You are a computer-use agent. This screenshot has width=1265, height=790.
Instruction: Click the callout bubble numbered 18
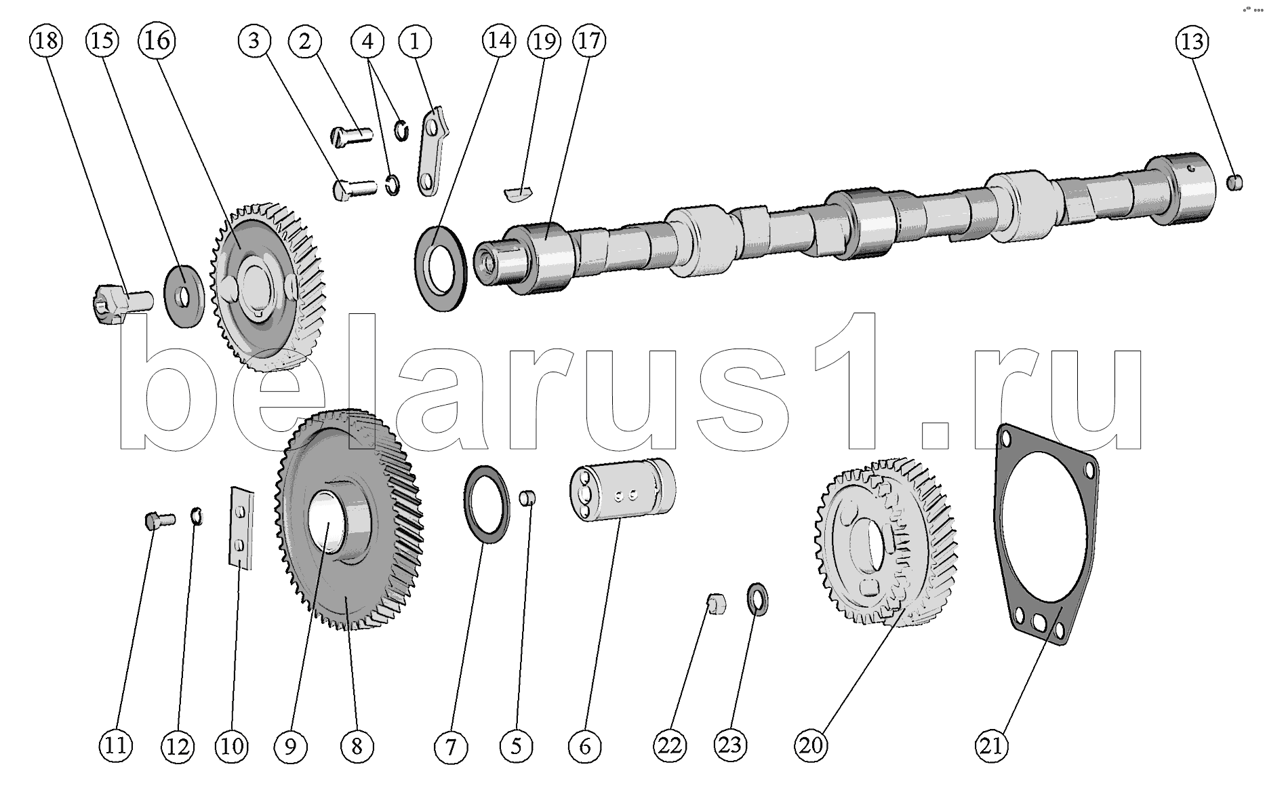(x=45, y=41)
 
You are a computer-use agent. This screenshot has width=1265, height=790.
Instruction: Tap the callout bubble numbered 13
(x=1192, y=42)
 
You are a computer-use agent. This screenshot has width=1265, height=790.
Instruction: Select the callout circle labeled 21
(x=991, y=746)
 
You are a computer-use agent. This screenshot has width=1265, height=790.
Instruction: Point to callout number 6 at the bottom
(x=584, y=747)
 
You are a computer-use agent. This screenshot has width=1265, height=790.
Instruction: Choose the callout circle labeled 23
(x=730, y=746)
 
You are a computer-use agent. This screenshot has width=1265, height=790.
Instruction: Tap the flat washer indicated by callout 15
(x=184, y=296)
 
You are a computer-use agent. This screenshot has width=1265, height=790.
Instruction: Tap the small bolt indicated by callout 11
(x=159, y=521)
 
